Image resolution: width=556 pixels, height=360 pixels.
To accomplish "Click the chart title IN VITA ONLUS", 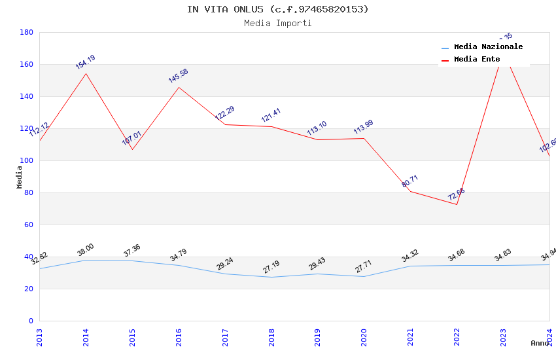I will (277, 9).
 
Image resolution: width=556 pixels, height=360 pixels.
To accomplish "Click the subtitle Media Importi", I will (277, 24).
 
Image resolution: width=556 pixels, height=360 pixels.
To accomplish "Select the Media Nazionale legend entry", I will (488, 47).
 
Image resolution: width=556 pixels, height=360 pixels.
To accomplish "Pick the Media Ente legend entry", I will (477, 60).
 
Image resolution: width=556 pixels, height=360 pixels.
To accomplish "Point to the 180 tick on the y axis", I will (26, 32).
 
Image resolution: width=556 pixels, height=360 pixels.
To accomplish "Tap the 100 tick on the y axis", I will (26, 160).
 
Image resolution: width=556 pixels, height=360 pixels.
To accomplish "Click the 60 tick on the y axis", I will (29, 225).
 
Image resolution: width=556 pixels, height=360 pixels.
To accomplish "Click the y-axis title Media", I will (20, 177).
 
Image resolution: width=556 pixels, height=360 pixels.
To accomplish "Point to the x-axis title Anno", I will (540, 343).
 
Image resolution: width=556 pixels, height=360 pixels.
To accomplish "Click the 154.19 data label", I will (85, 62).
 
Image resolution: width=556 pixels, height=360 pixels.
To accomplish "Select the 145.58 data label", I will (178, 76).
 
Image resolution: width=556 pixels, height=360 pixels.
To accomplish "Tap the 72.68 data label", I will (456, 194).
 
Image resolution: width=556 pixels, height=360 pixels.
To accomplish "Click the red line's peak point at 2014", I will (86, 73).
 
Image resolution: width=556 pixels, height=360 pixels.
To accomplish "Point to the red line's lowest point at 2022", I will (457, 204).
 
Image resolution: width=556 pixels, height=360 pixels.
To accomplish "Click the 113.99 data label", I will (363, 128).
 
